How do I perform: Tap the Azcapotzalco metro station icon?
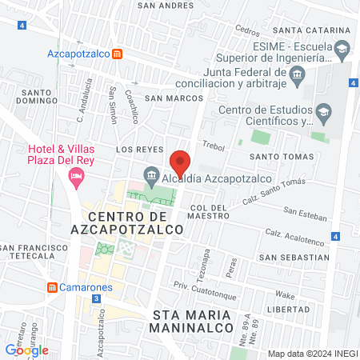(118, 54)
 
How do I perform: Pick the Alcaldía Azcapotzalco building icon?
(150, 174)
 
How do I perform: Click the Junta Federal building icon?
(297, 76)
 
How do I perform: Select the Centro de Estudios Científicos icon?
(323, 110)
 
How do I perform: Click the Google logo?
(26, 350)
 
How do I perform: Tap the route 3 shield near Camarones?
(96, 298)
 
